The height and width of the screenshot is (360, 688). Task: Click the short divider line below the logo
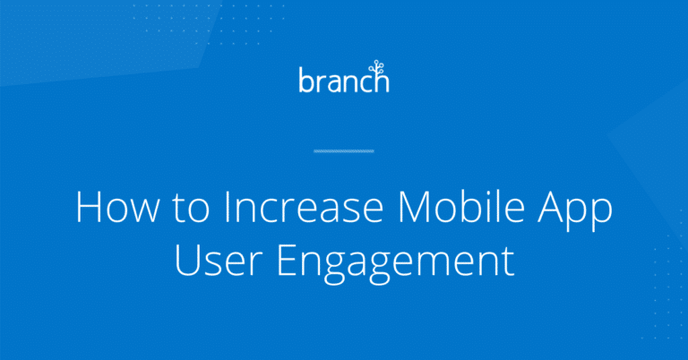coord(344,151)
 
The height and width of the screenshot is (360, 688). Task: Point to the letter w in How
coord(141,211)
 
